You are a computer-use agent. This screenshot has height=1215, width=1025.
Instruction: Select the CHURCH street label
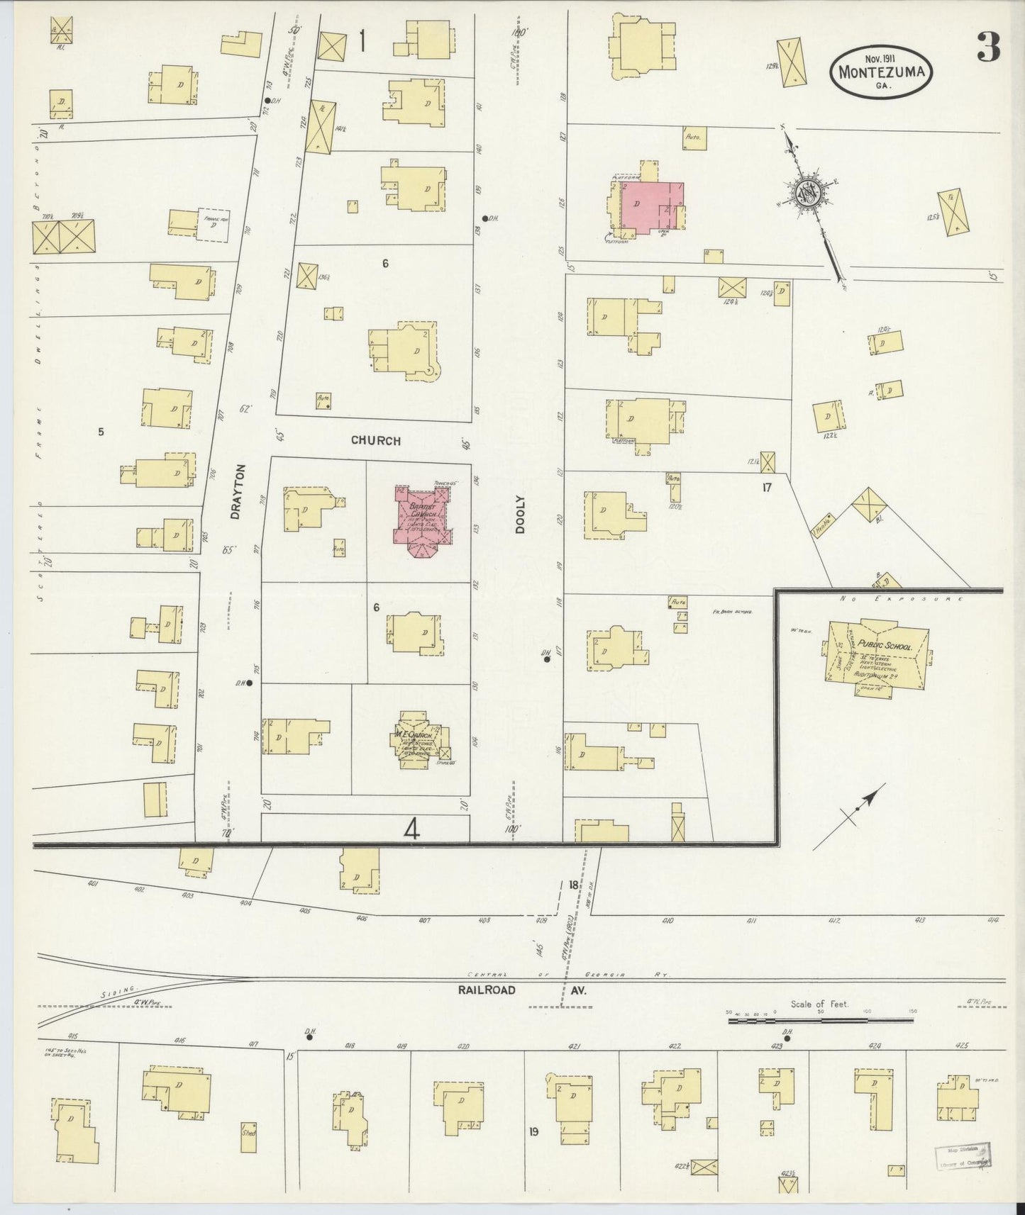point(375,441)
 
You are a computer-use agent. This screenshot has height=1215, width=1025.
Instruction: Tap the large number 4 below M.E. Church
point(412,828)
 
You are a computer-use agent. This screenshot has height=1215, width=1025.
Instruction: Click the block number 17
point(766,487)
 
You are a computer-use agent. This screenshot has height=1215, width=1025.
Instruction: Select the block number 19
point(533,1131)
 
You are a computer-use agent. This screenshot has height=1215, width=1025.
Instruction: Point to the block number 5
point(101,430)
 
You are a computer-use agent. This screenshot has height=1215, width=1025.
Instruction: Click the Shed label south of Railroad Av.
point(248,1133)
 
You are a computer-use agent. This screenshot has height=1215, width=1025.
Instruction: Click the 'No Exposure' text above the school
point(901,599)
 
